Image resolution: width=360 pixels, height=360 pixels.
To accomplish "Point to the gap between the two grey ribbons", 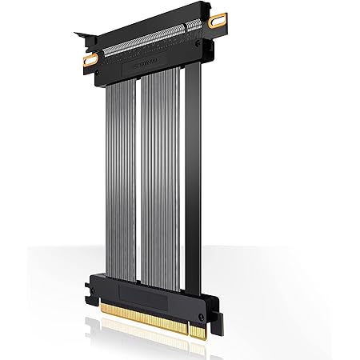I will click(140, 176).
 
